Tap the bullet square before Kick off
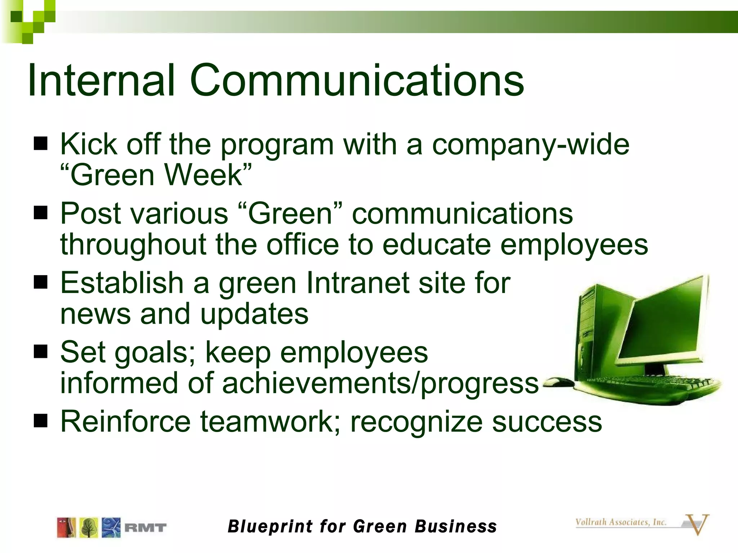tap(41, 144)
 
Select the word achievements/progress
tap(380, 383)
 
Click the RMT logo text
tap(145, 528)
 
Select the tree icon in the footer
tap(89, 528)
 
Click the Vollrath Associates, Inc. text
tap(621, 522)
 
